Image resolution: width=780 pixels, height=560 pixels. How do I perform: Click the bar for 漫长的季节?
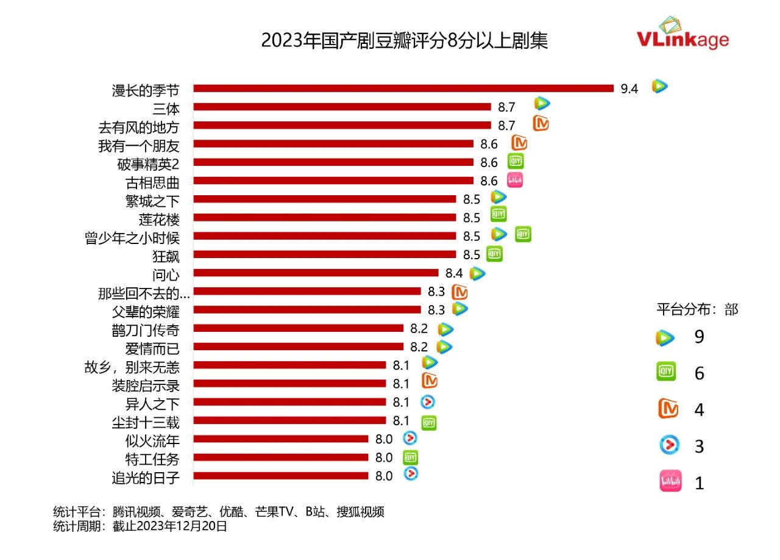(x=403, y=88)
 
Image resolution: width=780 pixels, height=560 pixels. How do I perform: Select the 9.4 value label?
(x=629, y=89)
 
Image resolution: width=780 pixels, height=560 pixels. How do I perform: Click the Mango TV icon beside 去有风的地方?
(x=541, y=124)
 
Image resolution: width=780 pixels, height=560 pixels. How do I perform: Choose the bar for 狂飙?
(x=324, y=254)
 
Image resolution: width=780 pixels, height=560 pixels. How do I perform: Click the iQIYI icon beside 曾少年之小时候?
(x=523, y=234)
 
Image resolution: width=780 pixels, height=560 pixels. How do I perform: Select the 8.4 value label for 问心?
(x=454, y=273)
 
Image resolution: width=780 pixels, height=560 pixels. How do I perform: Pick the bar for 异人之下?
(x=289, y=402)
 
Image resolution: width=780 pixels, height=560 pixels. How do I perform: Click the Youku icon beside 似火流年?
(x=410, y=438)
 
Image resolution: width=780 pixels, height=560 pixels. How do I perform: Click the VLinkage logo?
(x=682, y=35)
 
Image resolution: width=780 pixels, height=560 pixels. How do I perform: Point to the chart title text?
(x=404, y=40)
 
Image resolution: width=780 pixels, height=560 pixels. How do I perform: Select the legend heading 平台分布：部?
(x=697, y=309)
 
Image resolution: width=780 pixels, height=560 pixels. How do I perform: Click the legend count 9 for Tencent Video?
(x=699, y=337)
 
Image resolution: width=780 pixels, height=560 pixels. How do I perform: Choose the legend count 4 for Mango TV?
(x=699, y=410)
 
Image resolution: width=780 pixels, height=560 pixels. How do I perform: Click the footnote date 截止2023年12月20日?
(x=169, y=526)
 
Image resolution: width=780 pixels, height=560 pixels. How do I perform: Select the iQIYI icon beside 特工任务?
(x=411, y=458)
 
